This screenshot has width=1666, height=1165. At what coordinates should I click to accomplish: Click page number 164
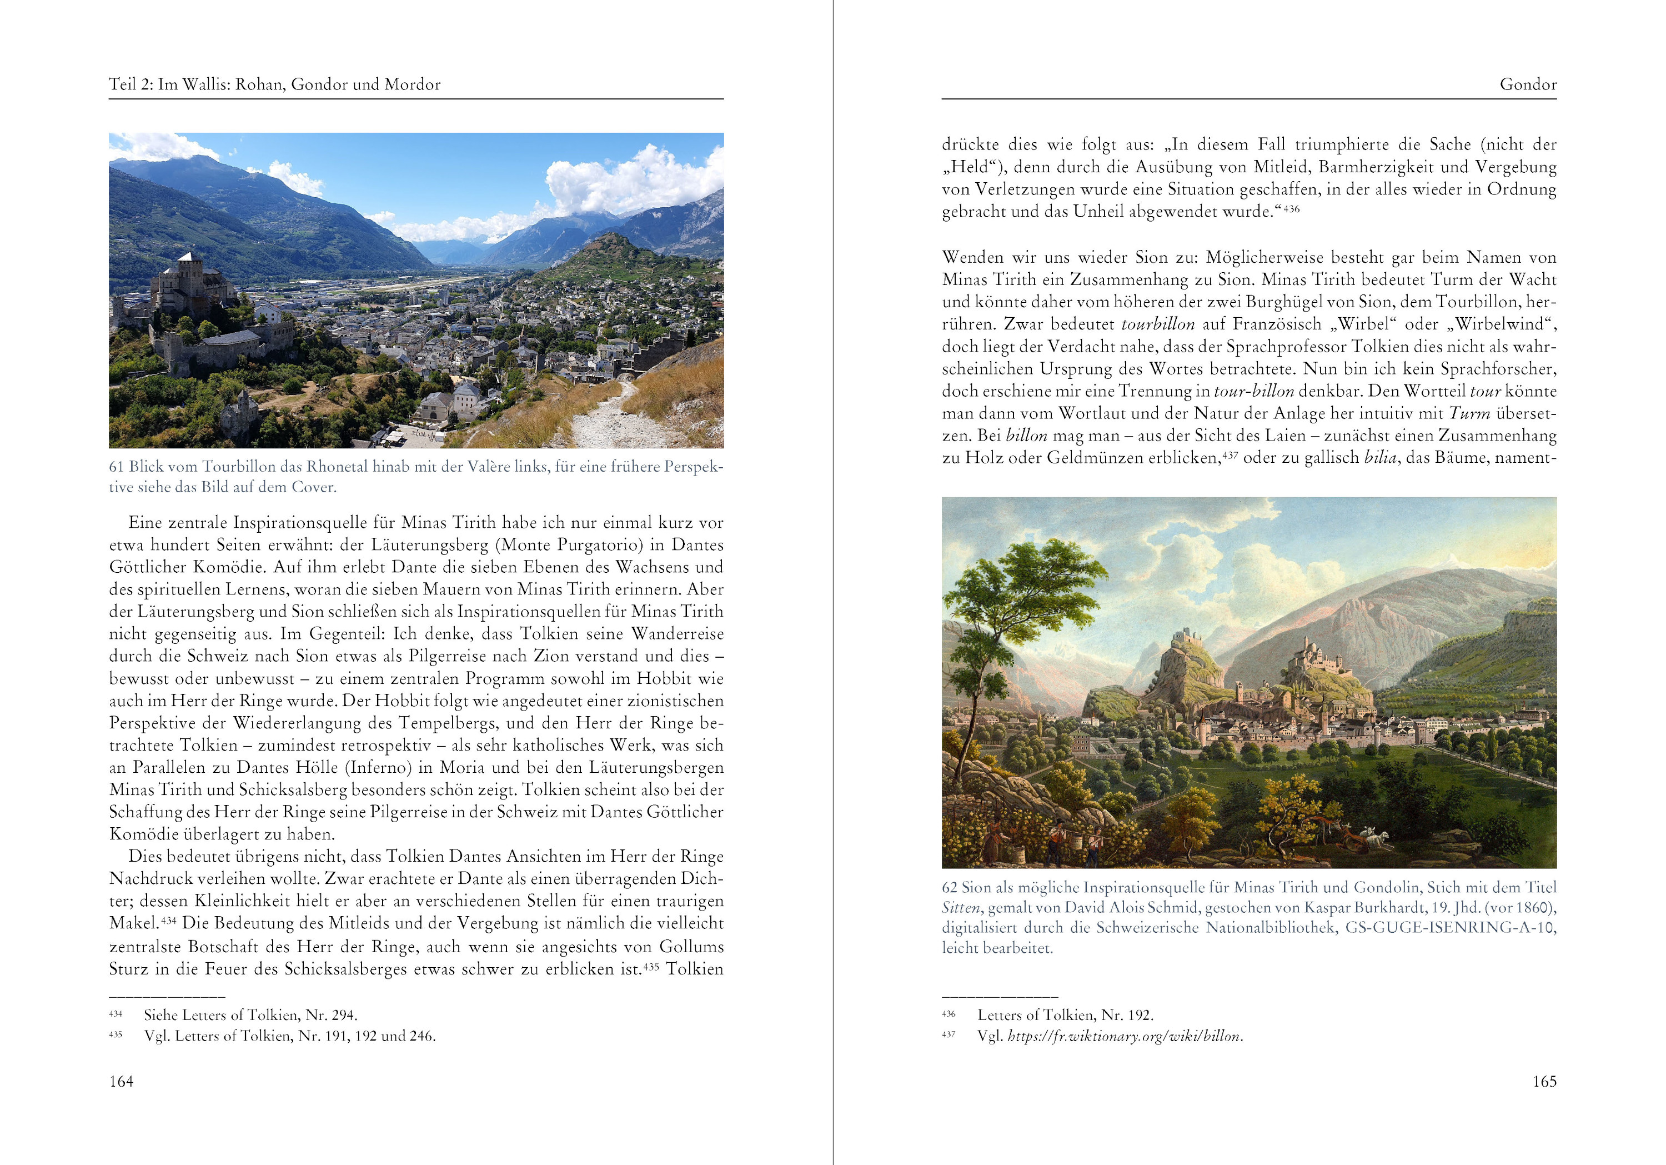point(121,1082)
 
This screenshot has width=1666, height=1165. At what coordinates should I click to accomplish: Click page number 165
point(1544,1082)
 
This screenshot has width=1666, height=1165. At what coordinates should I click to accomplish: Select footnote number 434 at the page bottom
point(116,1014)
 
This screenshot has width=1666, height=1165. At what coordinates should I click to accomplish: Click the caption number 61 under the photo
point(116,467)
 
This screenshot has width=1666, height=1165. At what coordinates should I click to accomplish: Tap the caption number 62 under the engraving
point(949,887)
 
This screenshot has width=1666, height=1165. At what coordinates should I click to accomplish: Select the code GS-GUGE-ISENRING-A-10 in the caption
point(1450,928)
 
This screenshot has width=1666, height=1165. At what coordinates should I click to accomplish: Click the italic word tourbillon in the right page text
point(1157,324)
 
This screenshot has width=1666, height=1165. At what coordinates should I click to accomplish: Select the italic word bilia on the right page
point(1380,458)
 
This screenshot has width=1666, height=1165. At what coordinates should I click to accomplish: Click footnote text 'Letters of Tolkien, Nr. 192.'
point(1065,1015)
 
